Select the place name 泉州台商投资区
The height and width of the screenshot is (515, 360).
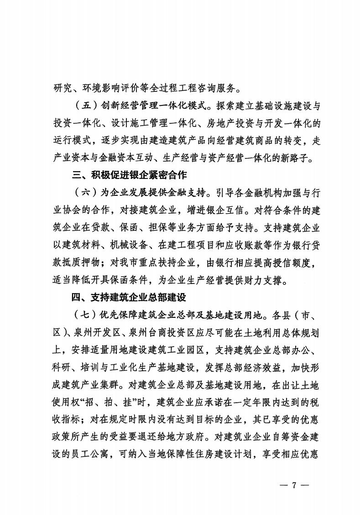[163, 333]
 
